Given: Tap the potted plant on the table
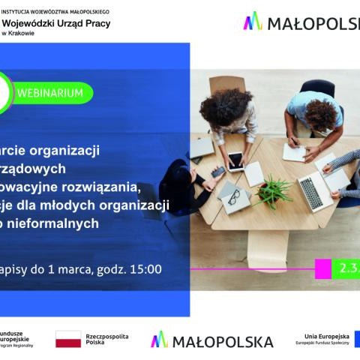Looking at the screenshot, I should click(x=271, y=189).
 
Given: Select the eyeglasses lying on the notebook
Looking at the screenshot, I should click(x=233, y=199).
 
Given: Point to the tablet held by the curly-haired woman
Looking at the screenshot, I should click(x=235, y=160).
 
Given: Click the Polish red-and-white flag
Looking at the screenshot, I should click(x=68, y=340).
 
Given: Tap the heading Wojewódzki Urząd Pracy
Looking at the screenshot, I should click(x=56, y=24).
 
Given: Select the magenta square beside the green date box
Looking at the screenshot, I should click(x=323, y=268).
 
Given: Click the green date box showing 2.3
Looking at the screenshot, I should click(x=346, y=268).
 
